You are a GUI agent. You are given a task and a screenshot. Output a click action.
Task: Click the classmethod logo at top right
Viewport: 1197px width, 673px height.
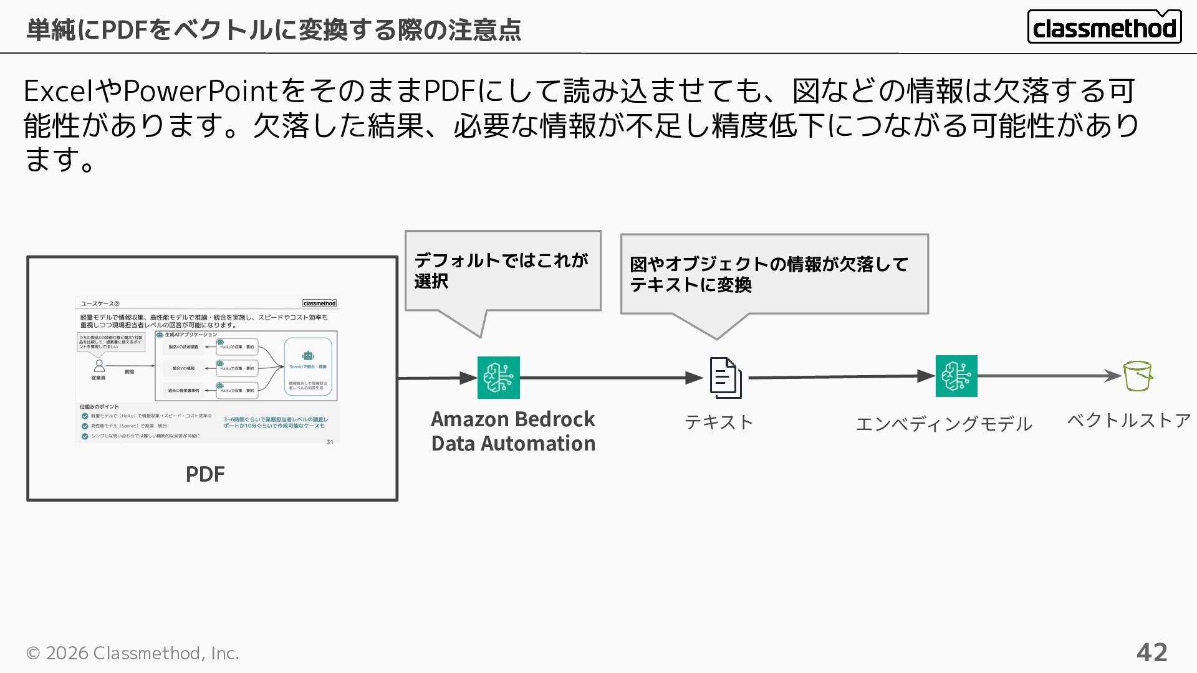1104,27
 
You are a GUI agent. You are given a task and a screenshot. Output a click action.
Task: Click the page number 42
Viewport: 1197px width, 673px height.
1151,652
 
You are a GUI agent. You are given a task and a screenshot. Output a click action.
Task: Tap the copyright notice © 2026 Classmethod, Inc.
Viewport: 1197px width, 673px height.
132,653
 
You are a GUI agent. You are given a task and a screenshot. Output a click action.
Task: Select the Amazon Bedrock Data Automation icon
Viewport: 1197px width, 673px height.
498,378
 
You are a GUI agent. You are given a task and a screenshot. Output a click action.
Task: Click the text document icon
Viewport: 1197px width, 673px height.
726,378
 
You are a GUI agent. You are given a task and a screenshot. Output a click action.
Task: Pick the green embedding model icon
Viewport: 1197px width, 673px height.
956,376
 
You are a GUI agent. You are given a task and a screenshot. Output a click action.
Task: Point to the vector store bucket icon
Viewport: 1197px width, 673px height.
1138,376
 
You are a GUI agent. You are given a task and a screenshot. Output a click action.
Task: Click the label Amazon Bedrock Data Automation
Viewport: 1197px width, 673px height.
513,431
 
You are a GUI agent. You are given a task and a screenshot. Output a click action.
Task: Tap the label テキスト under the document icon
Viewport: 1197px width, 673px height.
719,422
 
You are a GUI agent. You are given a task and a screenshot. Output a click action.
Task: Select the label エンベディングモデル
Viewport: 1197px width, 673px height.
944,424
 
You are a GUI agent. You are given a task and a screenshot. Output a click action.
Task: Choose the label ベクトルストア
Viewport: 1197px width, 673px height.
1129,421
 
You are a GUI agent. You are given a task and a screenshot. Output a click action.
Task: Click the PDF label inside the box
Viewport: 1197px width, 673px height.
205,474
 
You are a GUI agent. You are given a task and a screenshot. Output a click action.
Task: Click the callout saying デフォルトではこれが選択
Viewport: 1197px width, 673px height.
502,270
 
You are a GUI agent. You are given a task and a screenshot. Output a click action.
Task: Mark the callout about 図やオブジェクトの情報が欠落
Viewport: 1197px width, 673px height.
774,274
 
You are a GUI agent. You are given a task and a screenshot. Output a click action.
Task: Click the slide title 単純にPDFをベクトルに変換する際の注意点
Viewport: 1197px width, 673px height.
274,29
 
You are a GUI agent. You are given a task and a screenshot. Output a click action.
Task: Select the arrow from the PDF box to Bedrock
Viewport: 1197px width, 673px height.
436,378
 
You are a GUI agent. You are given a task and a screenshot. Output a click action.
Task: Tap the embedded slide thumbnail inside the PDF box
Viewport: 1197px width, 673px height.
208,371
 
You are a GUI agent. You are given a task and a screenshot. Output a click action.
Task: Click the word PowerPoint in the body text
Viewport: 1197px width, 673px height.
200,91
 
